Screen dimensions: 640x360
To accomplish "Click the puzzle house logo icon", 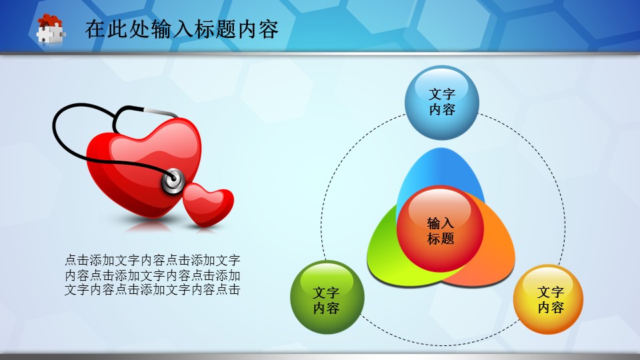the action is [51, 29].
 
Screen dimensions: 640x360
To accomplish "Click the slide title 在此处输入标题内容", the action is [181, 29].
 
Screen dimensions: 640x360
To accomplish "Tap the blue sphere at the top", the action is [441, 103].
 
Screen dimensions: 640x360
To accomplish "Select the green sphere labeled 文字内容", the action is [327, 297].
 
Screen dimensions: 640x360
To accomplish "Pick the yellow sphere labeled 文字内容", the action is [548, 299].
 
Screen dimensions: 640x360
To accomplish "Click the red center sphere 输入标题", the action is [440, 229].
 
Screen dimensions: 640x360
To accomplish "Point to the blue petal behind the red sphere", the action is [441, 169].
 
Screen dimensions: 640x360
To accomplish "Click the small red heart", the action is [207, 204].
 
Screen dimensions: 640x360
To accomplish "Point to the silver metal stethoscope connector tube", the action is [160, 112].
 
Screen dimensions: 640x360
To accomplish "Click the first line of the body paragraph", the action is [152, 260].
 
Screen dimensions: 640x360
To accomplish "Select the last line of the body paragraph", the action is [152, 290].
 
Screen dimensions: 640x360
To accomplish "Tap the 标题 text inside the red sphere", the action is [441, 238].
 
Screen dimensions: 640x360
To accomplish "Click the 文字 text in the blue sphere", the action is [442, 94].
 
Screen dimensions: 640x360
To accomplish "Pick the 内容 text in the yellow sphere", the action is [551, 307].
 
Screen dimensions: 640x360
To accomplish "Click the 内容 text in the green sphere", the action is [326, 308].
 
